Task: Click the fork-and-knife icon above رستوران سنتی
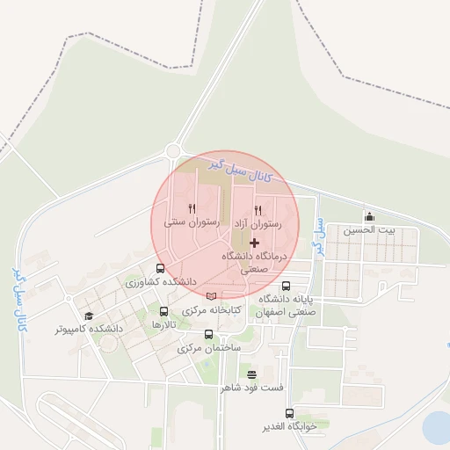[192, 209]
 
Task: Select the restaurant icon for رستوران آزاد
[258, 210]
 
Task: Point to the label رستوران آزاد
[258, 225]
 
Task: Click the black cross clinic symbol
[255, 242]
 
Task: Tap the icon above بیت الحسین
[369, 217]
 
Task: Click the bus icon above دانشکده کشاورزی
[159, 269]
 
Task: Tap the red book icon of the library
[210, 295]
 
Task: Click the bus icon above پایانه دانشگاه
[286, 286]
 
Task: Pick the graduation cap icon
[88, 316]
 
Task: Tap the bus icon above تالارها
[164, 311]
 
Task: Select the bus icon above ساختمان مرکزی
[208, 334]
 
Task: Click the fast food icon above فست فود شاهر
[252, 374]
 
